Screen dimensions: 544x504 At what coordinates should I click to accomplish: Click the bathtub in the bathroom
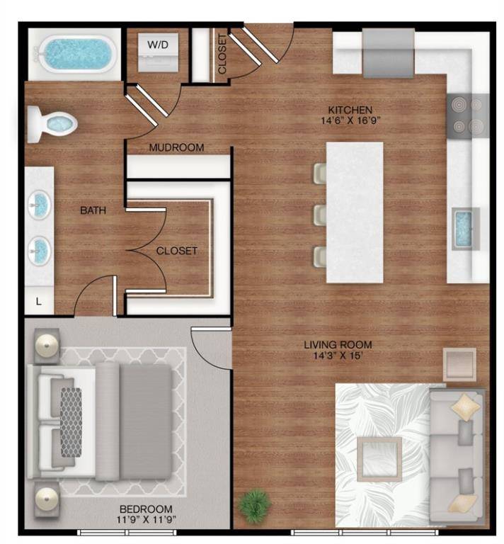(77, 54)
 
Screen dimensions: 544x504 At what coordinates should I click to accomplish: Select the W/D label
(158, 45)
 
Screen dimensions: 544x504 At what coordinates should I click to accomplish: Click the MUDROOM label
(176, 148)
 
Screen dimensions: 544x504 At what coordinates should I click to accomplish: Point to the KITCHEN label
(350, 110)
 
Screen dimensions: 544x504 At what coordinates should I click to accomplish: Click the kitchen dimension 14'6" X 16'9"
(350, 121)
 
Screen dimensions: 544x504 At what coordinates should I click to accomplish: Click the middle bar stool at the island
(320, 215)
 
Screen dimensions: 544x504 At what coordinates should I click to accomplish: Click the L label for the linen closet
(39, 301)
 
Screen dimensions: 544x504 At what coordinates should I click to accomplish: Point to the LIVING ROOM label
(338, 345)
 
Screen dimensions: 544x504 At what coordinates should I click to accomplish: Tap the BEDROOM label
(146, 509)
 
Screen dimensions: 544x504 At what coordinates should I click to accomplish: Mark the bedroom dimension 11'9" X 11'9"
(146, 521)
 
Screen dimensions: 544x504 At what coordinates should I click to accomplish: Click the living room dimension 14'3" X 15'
(338, 356)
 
